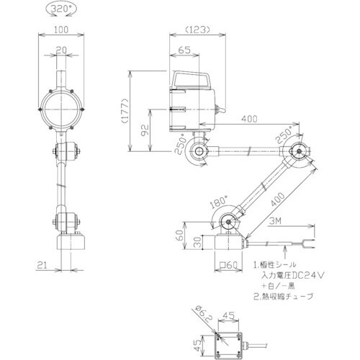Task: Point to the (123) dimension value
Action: click(x=195, y=30)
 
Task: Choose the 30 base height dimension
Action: click(x=197, y=243)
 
